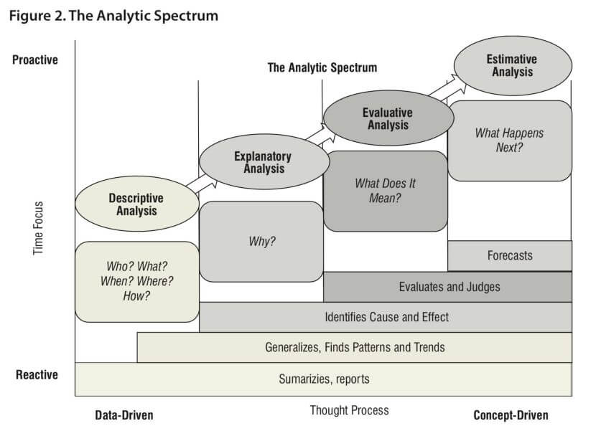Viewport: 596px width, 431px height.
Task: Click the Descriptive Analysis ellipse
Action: [x=136, y=204]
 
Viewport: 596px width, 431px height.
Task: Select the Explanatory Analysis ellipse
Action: [x=263, y=162]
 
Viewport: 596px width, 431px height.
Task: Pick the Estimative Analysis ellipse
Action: [x=513, y=65]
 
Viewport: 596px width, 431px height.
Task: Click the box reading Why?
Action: [x=261, y=241]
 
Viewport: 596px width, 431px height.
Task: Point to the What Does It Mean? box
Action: [x=386, y=191]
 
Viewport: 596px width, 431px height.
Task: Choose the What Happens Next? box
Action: [x=510, y=141]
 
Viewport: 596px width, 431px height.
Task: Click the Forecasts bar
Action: [x=510, y=255]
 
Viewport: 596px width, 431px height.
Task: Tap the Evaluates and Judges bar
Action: [x=448, y=287]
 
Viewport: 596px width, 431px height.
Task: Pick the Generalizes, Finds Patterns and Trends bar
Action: [x=355, y=348]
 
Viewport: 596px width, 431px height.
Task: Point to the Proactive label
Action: [x=35, y=60]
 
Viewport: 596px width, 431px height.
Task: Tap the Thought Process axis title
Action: [x=350, y=410]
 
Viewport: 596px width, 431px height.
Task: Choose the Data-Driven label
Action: [x=124, y=415]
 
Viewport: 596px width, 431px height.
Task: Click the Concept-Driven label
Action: [x=511, y=415]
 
